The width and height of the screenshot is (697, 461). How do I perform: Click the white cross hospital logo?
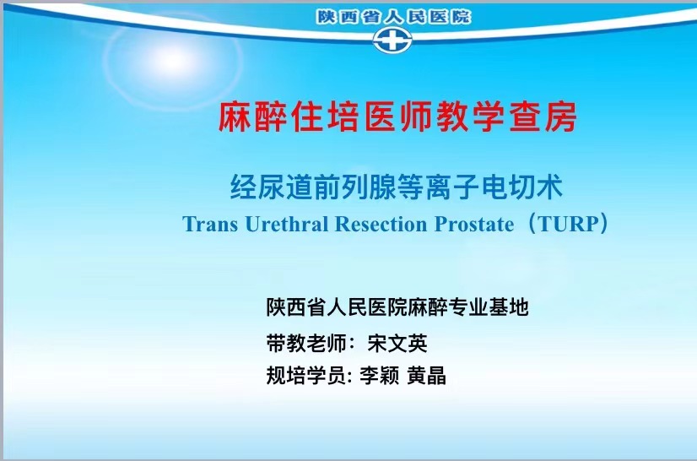(392, 39)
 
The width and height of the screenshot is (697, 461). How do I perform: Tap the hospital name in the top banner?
(394, 17)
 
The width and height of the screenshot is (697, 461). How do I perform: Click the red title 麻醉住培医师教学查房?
(397, 117)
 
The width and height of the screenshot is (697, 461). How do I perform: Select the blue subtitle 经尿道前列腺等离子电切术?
(397, 187)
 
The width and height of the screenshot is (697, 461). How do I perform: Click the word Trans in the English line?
(210, 224)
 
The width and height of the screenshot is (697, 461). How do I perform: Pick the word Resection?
(381, 224)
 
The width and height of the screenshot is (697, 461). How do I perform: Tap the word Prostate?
(474, 224)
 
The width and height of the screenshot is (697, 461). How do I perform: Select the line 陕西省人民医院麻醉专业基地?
(397, 307)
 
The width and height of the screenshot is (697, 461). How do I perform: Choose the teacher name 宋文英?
(397, 343)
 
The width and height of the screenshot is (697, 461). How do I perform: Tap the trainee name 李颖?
(379, 375)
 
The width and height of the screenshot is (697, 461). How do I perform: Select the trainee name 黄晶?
(427, 375)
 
